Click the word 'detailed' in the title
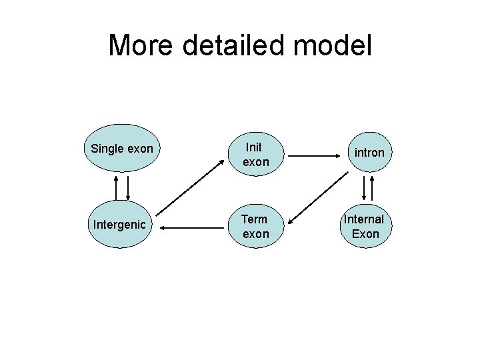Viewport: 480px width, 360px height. [x=230, y=45]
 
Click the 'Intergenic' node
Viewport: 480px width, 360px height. [x=119, y=225]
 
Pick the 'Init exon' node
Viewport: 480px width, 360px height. [x=255, y=154]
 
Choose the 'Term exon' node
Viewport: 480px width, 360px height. [x=255, y=226]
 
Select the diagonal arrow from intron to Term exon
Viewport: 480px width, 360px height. [x=319, y=198]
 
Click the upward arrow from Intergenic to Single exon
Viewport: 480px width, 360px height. [x=117, y=187]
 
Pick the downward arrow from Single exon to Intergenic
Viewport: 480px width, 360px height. [x=127, y=187]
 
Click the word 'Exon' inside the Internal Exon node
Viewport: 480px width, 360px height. [x=365, y=233]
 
